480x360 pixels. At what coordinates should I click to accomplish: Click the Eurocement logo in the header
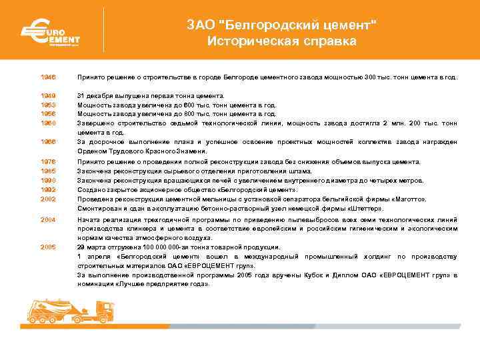pyautogui.click(x=49, y=32)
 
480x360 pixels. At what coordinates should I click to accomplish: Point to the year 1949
pyautogui.click(x=47, y=95)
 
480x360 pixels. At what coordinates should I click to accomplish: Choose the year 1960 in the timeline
pyautogui.click(x=47, y=123)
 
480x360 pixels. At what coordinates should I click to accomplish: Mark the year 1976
pyautogui.click(x=47, y=161)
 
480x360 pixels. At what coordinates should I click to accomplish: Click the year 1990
pyautogui.click(x=47, y=180)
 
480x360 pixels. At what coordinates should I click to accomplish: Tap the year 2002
pyautogui.click(x=47, y=199)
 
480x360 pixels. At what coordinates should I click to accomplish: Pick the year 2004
pyautogui.click(x=47, y=219)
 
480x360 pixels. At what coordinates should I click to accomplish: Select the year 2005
pyautogui.click(x=47, y=247)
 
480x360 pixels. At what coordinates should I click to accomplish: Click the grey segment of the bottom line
pyautogui.click(x=300, y=326)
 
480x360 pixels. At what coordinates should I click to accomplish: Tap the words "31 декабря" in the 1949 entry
pyautogui.click(x=95, y=95)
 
